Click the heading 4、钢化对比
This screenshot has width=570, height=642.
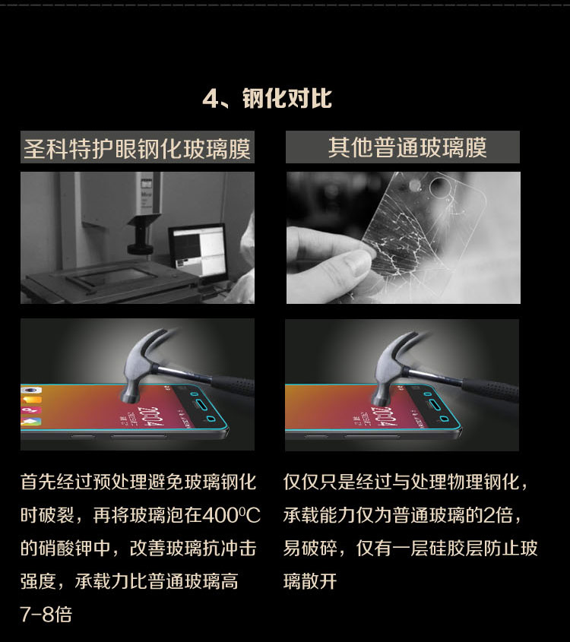[268, 98]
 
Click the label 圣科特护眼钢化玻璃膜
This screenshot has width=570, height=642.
[137, 148]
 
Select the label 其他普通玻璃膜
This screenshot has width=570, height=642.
[407, 147]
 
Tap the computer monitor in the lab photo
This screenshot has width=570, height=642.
[198, 250]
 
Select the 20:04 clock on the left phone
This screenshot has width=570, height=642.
[150, 416]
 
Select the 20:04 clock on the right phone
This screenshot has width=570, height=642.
[384, 417]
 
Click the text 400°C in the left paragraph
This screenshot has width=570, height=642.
[231, 515]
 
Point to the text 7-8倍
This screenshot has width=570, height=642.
[46, 614]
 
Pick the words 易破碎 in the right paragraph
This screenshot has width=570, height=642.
[310, 549]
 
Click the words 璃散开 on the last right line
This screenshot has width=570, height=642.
[310, 581]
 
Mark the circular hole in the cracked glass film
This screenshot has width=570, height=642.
[441, 187]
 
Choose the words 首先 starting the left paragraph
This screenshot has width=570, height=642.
[38, 482]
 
